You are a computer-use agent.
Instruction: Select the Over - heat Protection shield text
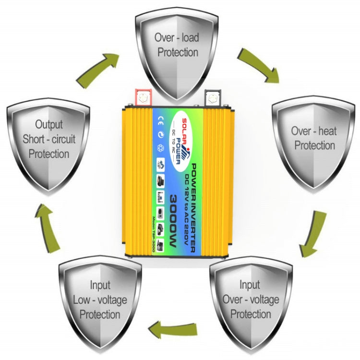314,138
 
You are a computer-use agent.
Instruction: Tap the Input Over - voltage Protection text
250,300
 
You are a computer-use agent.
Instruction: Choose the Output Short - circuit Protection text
49,139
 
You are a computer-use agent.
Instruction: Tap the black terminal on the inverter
211,97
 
